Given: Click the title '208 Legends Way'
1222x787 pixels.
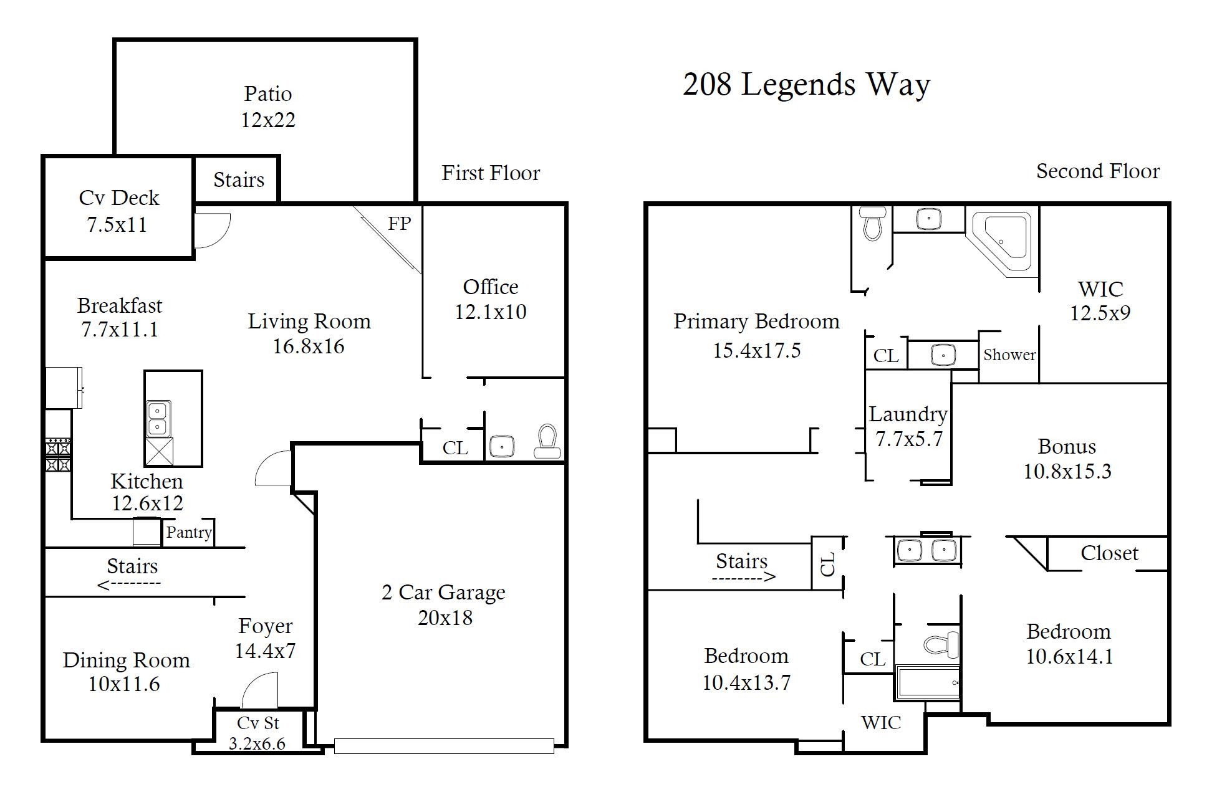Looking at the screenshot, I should [x=806, y=85].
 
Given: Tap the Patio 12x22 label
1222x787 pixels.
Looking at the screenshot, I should [x=268, y=107].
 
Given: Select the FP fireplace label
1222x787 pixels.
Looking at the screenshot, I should [x=399, y=224].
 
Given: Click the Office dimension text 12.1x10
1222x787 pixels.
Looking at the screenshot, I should [x=490, y=312].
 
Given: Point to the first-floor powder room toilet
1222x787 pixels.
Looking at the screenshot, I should [x=547, y=441].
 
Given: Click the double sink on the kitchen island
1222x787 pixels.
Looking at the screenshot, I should [x=158, y=418].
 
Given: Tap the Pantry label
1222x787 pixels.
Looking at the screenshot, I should [x=188, y=533].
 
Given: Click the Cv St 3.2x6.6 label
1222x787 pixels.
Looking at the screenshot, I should [x=257, y=733].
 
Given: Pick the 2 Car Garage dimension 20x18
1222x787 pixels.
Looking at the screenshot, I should [x=445, y=618].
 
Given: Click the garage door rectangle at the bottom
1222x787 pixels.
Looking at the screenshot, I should [x=444, y=746].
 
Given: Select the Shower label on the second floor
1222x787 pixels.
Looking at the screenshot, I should [x=1009, y=355].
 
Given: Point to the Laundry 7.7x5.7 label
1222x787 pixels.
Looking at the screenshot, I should [x=908, y=426].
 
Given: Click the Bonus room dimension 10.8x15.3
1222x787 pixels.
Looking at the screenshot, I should [x=1067, y=472].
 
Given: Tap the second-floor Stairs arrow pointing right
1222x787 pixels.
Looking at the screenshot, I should [x=744, y=577].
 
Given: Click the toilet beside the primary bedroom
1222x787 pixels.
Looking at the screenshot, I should [x=872, y=223].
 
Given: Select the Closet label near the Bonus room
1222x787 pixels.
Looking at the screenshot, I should [x=1109, y=553].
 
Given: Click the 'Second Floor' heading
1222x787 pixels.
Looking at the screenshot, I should [x=1097, y=171].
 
